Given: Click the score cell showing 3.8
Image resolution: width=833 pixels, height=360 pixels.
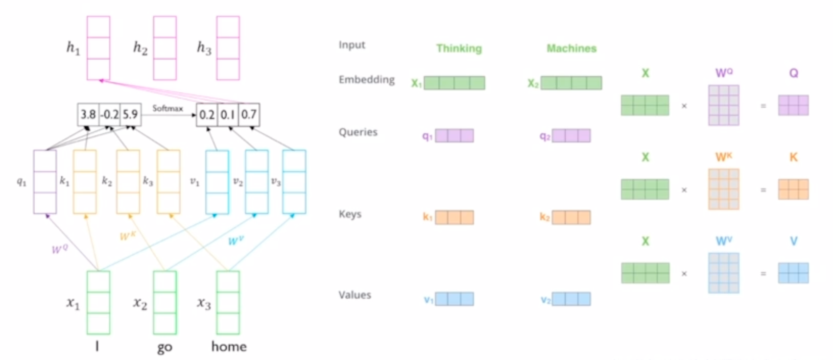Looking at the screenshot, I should [88, 114].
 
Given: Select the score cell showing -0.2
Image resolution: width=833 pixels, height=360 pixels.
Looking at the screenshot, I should [109, 114].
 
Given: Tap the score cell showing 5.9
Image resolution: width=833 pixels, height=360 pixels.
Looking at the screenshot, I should [130, 114].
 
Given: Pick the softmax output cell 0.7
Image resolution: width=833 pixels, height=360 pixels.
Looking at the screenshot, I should [249, 114].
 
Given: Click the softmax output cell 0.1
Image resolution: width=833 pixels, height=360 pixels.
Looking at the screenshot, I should [228, 114].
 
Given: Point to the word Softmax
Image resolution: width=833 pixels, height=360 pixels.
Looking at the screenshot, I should [168, 108].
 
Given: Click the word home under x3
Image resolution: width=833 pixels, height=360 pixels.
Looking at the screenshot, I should [229, 347].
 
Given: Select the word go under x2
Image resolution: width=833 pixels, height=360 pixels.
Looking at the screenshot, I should [164, 348].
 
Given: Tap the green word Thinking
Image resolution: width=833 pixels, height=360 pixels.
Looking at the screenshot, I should [459, 49].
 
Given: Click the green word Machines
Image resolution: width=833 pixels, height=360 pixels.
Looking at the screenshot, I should [572, 49].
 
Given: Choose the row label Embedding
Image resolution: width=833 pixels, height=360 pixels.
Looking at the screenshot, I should [367, 80].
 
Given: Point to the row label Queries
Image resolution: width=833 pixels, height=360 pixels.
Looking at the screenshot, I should [358, 132].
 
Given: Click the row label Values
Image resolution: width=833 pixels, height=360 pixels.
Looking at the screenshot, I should [355, 295].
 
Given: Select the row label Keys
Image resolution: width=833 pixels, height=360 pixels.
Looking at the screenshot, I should [350, 214].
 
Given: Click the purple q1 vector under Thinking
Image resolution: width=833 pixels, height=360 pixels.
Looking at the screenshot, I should [454, 135].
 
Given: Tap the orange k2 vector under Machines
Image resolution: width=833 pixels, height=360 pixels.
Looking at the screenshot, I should [571, 218].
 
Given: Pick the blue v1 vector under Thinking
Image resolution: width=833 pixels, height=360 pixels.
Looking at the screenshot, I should [454, 299].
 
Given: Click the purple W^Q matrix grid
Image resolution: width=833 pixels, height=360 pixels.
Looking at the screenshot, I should [723, 105].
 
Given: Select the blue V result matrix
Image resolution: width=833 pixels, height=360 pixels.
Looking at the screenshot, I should [793, 273].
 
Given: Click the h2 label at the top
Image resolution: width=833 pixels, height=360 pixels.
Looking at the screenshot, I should [140, 48].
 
